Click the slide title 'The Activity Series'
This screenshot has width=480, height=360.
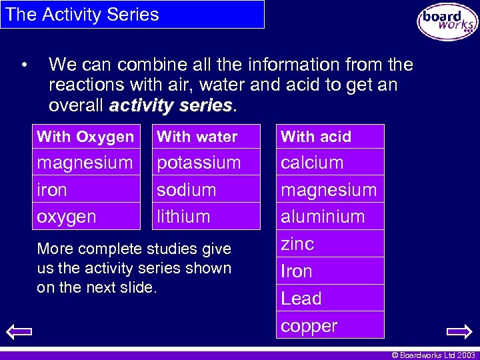[82, 15]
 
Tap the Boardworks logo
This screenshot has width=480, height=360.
[447, 22]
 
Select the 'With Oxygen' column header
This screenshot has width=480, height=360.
[86, 137]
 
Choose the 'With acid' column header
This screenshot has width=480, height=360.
[316, 137]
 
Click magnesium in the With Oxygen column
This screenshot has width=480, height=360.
[85, 163]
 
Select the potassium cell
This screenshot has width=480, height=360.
[199, 163]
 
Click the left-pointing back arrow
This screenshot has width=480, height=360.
[21, 331]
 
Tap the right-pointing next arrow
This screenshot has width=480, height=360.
[459, 331]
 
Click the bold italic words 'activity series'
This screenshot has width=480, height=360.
[171, 105]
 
